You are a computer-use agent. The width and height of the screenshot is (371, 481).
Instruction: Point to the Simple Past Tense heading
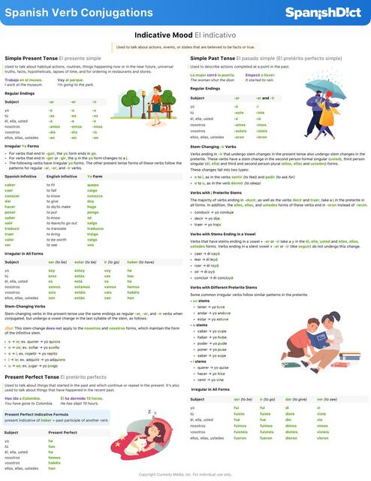[x=254, y=58]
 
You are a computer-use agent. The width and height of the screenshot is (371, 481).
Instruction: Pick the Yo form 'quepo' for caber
[x=93, y=184]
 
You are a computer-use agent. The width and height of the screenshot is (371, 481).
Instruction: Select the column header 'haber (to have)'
[x=140, y=262]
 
